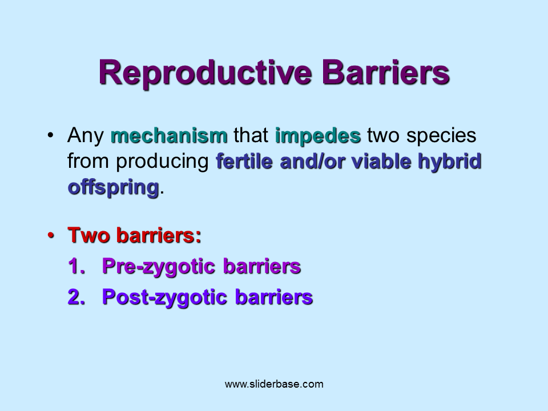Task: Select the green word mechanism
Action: [x=169, y=136]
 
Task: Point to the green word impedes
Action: [x=318, y=136]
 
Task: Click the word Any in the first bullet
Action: [x=86, y=136]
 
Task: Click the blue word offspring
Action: [x=113, y=187]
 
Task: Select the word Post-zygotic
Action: [x=166, y=297]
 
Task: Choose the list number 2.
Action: [x=76, y=297]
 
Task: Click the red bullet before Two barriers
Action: [x=51, y=235]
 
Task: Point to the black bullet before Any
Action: [x=51, y=136]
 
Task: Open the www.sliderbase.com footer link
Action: [x=274, y=384]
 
